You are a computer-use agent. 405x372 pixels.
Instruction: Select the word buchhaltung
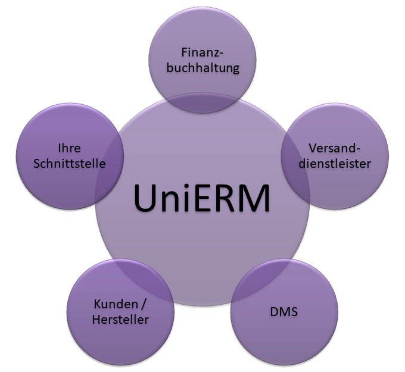202,67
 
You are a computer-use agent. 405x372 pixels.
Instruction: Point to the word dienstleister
334,162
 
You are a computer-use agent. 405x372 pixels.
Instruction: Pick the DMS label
283,311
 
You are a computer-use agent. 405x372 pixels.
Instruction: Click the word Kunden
113,304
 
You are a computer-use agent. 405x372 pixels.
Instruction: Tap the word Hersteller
121,320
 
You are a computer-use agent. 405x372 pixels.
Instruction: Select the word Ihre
69,148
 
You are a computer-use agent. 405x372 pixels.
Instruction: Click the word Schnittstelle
69,162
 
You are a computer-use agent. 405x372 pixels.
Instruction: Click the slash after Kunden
143,304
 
